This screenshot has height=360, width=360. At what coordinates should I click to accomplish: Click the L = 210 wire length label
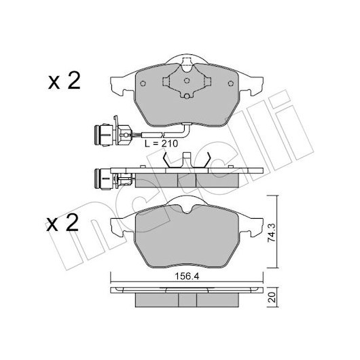click(161, 143)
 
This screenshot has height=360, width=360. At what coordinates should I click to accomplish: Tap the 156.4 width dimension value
click(187, 276)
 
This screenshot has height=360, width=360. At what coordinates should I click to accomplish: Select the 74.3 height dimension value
click(272, 233)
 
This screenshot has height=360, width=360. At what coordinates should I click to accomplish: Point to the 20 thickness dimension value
click(272, 297)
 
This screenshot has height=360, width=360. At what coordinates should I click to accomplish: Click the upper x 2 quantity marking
click(65, 81)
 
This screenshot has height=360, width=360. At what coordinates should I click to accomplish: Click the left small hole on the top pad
click(143, 84)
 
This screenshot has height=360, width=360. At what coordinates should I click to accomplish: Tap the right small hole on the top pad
click(231, 84)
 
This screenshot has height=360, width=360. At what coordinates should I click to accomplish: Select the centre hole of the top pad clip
click(187, 81)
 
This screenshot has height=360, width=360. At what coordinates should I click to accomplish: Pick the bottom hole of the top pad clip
click(187, 96)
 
